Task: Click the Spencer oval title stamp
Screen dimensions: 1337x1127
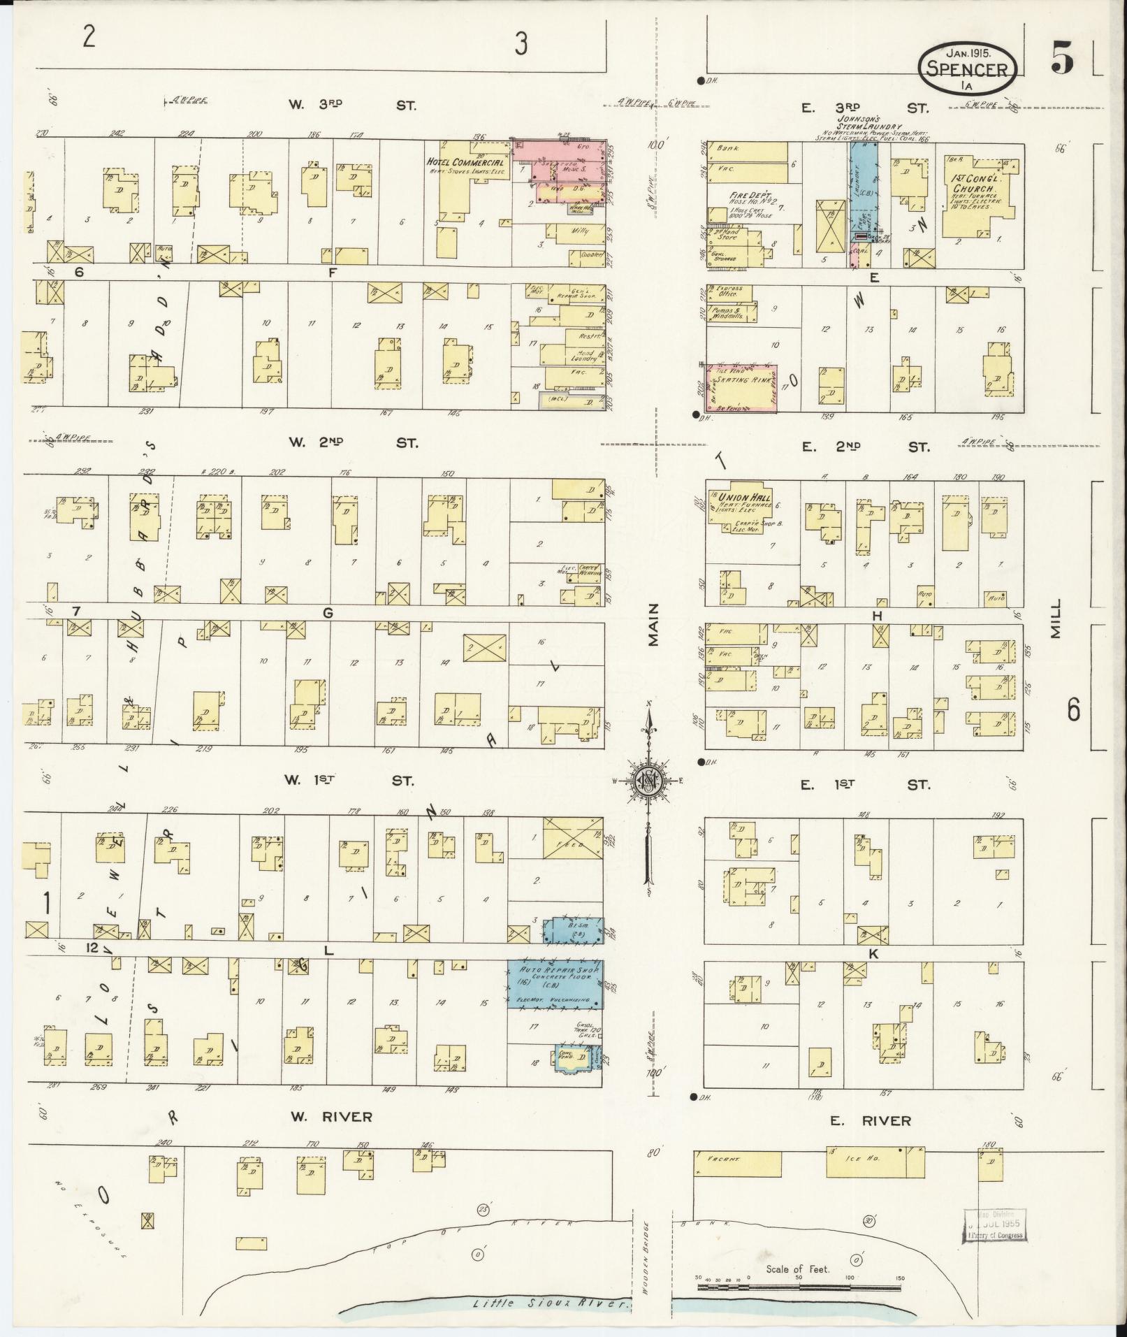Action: tap(967, 67)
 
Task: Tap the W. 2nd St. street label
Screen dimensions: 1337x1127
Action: tap(352, 443)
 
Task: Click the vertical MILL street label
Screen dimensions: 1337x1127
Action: tap(1054, 619)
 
